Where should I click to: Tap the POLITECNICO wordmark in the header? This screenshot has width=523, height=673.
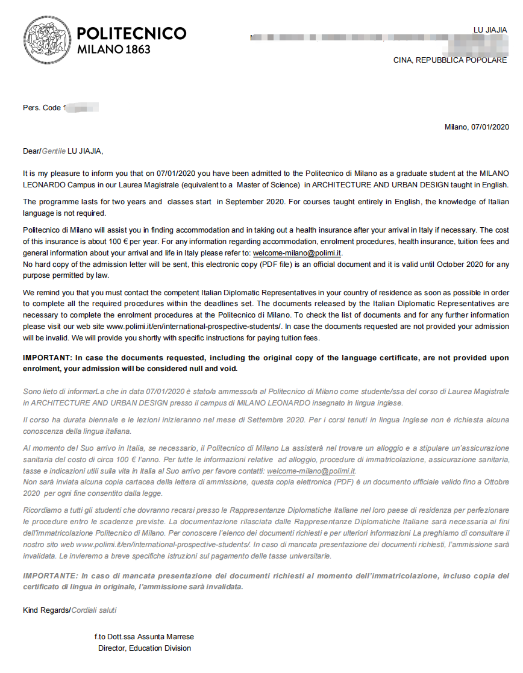click(x=132, y=33)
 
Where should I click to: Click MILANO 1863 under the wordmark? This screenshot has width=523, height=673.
click(x=114, y=49)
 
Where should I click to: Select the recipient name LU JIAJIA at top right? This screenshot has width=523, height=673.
click(x=491, y=30)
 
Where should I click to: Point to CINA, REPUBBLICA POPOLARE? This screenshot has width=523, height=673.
click(x=450, y=60)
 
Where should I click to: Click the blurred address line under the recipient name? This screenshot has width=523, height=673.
click(x=380, y=39)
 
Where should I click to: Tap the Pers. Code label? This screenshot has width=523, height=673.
click(x=42, y=108)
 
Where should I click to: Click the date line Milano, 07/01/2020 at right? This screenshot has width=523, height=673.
click(x=477, y=127)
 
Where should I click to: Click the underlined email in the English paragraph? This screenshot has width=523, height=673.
click(x=297, y=253)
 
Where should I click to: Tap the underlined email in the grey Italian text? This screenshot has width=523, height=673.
click(x=311, y=471)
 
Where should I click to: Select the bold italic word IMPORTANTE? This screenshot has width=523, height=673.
click(x=50, y=575)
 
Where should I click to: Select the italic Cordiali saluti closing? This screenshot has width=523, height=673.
click(x=94, y=610)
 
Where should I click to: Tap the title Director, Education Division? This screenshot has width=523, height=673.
click(x=145, y=648)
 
